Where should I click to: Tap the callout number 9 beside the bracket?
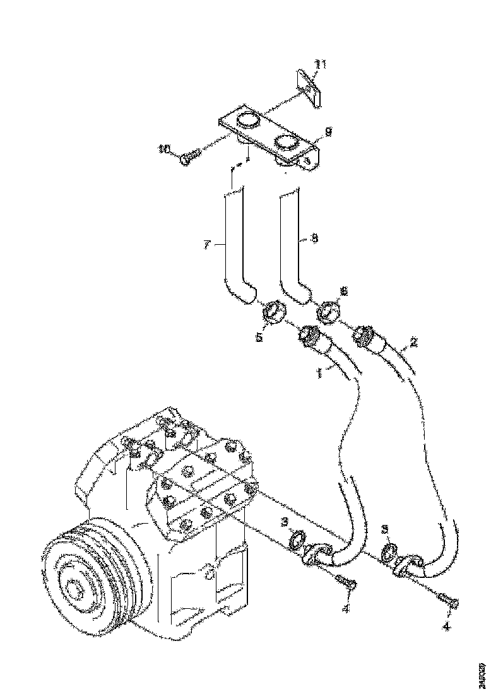(x=328, y=131)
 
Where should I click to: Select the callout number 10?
(x=165, y=149)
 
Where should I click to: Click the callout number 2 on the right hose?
(x=413, y=343)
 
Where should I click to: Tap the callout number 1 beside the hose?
(x=319, y=373)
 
